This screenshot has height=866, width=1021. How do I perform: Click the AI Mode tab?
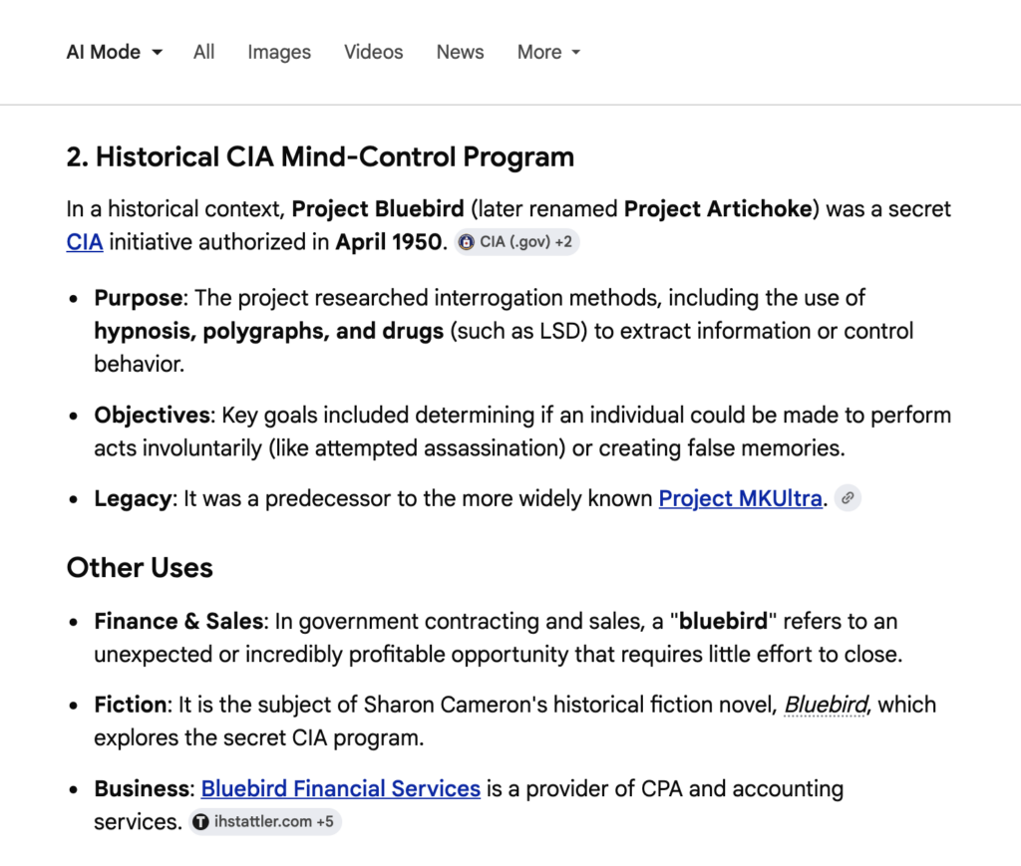pos(114,53)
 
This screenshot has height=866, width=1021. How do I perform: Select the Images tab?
pos(279,53)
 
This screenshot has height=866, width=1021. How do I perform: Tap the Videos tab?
pos(374,53)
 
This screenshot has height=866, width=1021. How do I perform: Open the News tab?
pos(460,53)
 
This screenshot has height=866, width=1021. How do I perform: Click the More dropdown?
pos(548,53)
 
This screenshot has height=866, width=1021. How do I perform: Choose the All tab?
pos(204,53)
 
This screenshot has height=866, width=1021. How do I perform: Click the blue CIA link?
pos(85,242)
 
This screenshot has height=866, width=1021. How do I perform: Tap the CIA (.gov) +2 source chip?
pos(517,242)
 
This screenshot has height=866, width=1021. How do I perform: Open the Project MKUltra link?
pos(741,498)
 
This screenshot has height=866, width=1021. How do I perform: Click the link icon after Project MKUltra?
pos(848,498)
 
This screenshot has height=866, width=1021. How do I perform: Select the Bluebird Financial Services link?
pos(341,789)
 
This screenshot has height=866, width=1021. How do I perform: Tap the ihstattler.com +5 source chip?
pos(265,823)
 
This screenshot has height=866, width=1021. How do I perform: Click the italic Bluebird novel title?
pos(826,706)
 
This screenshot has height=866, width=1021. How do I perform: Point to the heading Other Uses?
pos(140,568)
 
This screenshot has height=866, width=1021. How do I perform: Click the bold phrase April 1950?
pos(389,242)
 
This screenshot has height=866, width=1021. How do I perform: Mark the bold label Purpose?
pos(139,298)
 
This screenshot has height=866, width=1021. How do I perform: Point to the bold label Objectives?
pos(152,415)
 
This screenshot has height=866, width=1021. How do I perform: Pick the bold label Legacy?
pos(132,498)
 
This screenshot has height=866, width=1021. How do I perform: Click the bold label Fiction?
pos(131,706)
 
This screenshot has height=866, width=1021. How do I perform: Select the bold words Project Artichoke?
pos(716,209)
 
